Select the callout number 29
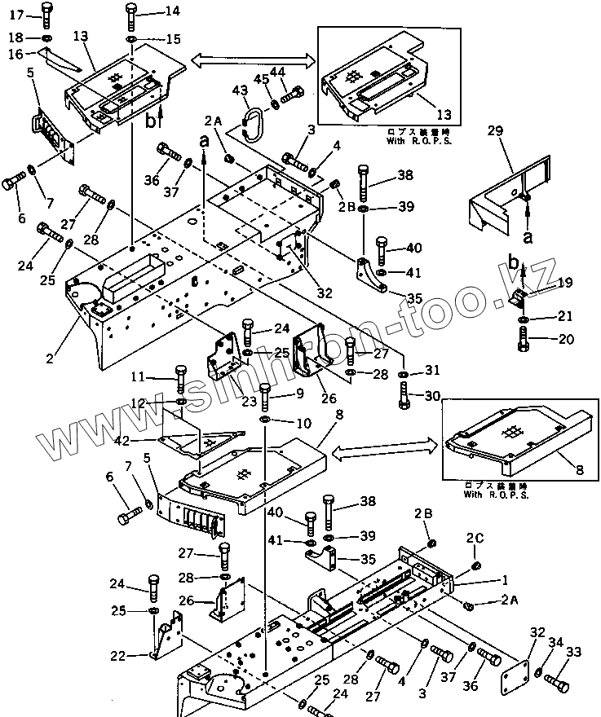[x=494, y=130]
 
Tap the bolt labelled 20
[x=524, y=338]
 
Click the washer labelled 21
[x=524, y=316]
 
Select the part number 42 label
[x=145, y=440]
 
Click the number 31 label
[x=431, y=372]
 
